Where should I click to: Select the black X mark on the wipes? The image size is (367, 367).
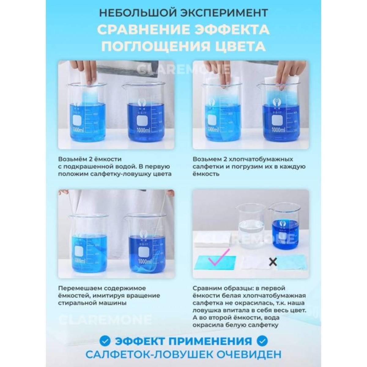273,262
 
